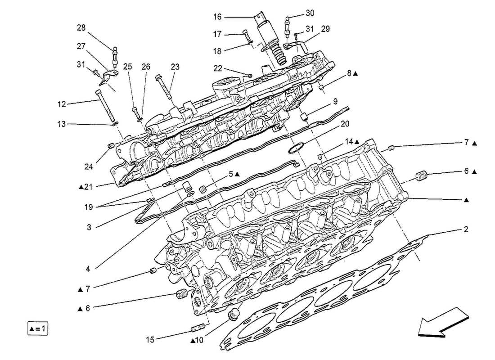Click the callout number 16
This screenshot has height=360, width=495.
pyautogui.click(x=217, y=17)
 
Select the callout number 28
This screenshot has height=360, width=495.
pyautogui.click(x=81, y=28)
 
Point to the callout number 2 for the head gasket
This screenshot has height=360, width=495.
pyautogui.click(x=466, y=229)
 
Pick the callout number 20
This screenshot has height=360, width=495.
pyautogui.click(x=345, y=123)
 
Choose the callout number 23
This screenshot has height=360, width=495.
pyautogui.click(x=175, y=67)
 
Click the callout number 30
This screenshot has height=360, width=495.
pyautogui.click(x=323, y=13)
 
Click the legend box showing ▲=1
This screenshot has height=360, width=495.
pyautogui.click(x=36, y=328)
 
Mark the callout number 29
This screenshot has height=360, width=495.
pyautogui.click(x=325, y=29)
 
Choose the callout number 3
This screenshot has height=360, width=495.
pyautogui.click(x=89, y=228)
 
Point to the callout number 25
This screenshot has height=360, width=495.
pyautogui.click(x=128, y=67)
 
